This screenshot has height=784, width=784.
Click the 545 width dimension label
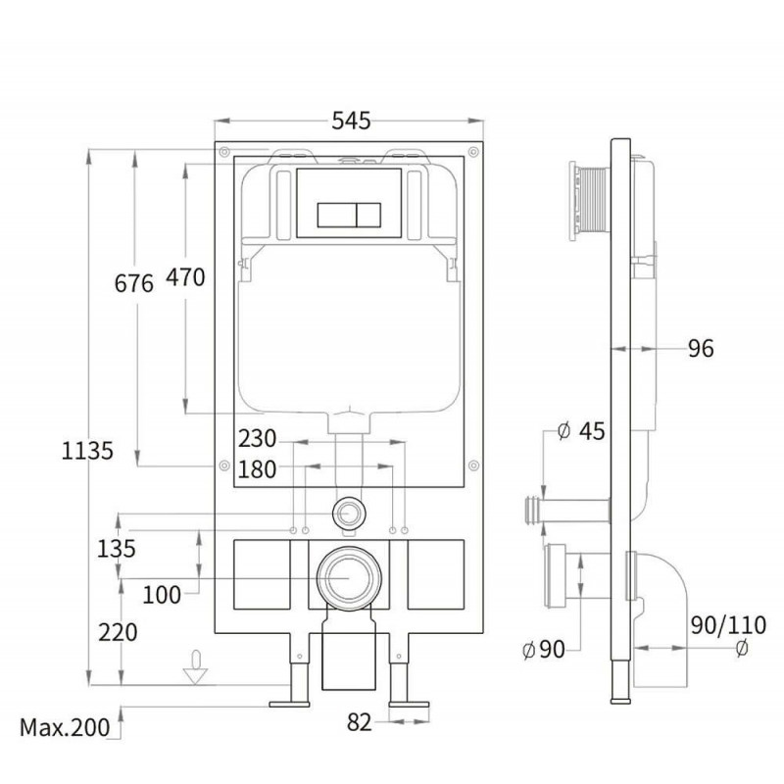(351, 121)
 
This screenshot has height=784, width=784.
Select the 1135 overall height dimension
(87, 451)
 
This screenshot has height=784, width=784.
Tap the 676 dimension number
(133, 283)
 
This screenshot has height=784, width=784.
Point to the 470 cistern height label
(185, 277)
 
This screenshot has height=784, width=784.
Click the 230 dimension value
(257, 438)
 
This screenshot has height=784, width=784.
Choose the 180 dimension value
(257, 469)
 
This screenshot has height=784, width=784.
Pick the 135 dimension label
(116, 549)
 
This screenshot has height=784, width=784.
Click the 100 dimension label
(162, 595)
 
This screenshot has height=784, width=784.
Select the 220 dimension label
(118, 632)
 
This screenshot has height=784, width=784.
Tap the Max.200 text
(65, 727)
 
